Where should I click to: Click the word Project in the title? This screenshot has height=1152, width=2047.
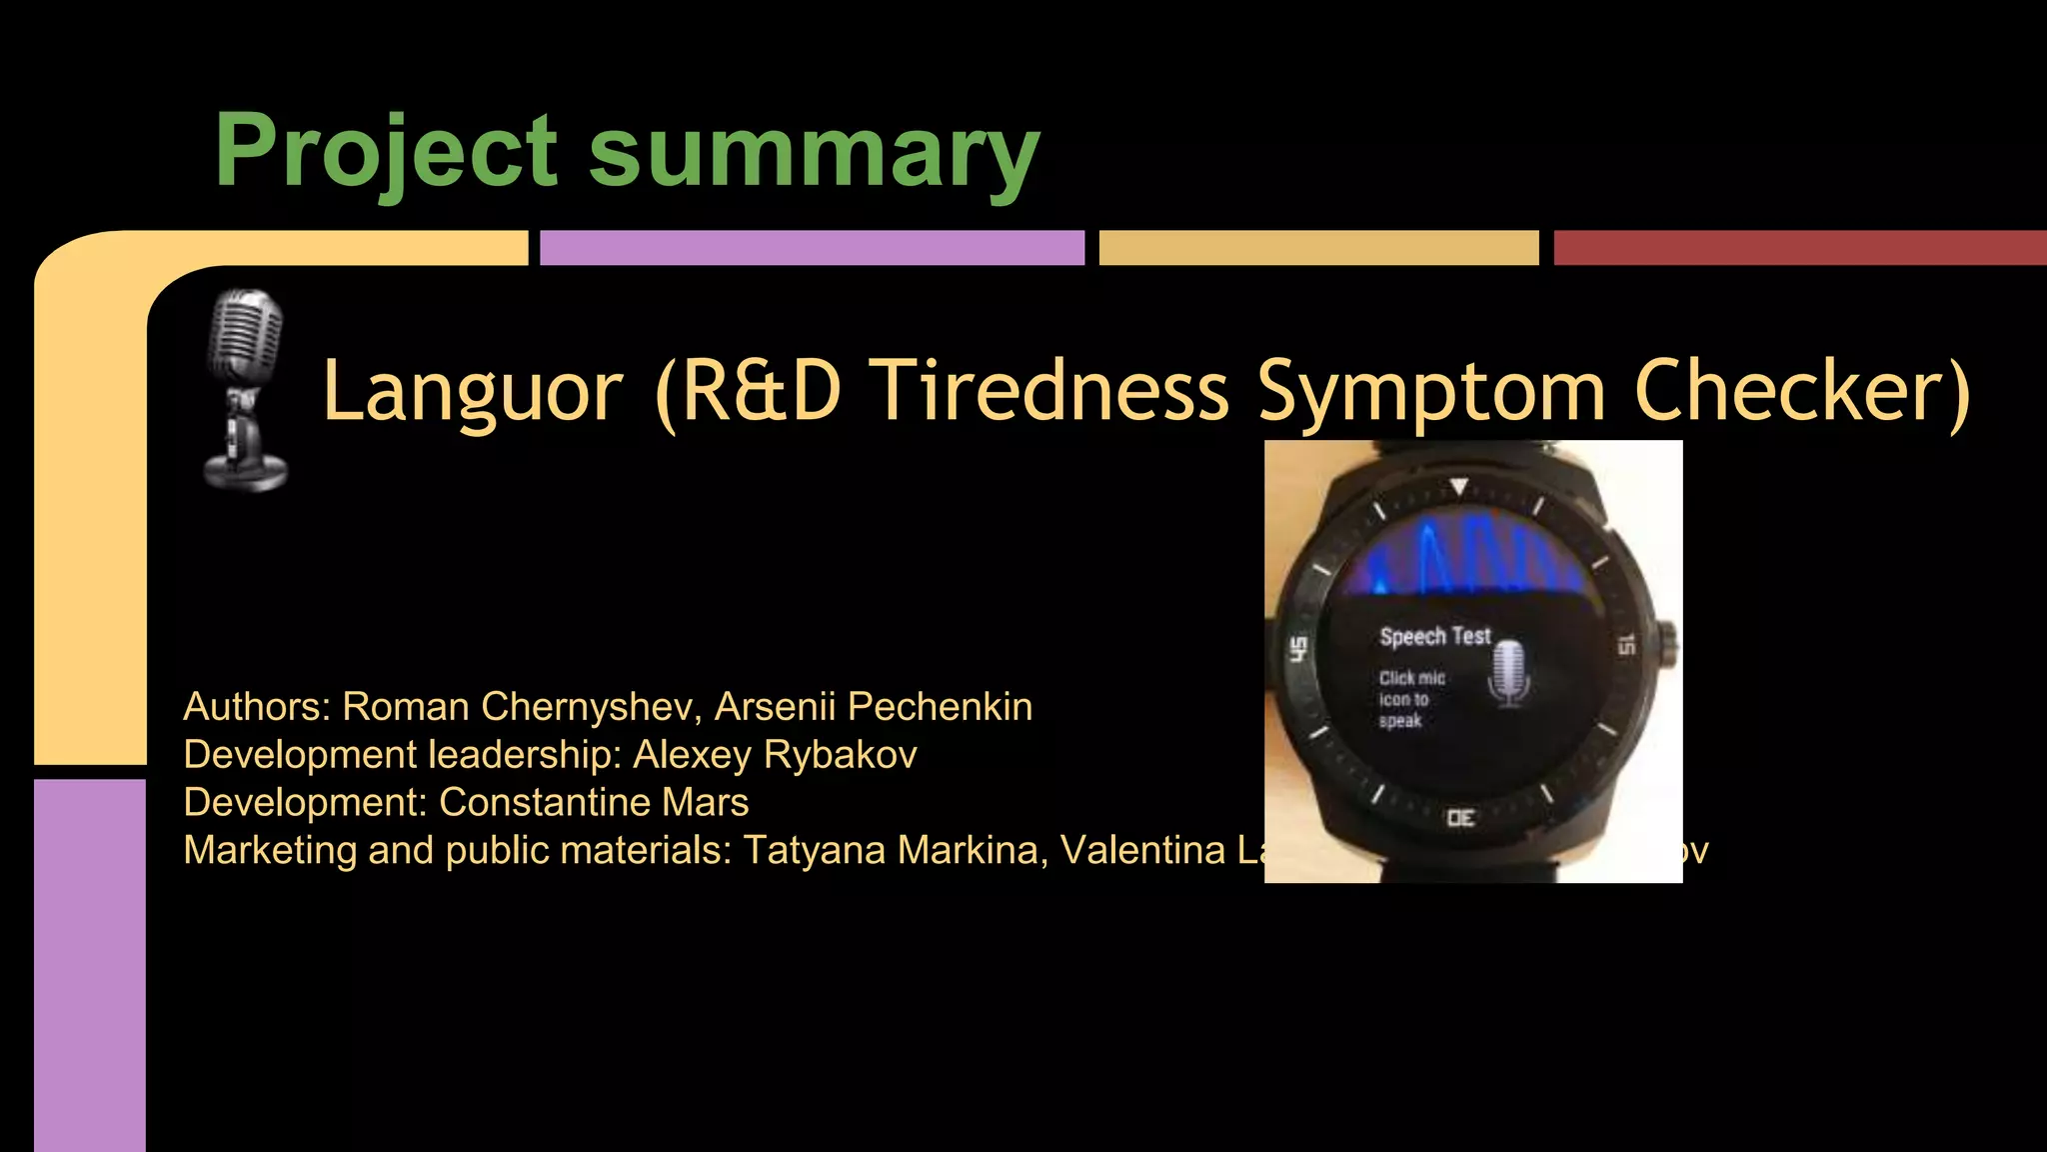click(385, 152)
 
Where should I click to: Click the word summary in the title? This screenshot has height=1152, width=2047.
click(814, 152)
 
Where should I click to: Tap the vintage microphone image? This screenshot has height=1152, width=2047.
click(245, 390)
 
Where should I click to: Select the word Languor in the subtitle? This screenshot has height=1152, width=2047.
click(473, 391)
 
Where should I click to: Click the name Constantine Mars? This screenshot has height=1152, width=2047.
click(594, 803)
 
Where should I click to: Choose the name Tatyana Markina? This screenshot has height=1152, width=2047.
click(895, 851)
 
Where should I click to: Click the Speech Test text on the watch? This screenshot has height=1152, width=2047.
click(1434, 636)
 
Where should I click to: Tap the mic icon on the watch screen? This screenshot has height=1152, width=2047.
click(1510, 672)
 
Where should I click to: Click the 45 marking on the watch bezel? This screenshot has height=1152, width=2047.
click(1298, 649)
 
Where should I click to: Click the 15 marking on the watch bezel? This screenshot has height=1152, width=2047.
click(1626, 645)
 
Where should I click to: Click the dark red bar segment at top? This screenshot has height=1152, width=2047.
click(1799, 248)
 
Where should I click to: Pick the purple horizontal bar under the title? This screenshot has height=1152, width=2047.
click(812, 248)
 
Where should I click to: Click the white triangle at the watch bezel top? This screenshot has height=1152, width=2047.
click(1459, 487)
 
